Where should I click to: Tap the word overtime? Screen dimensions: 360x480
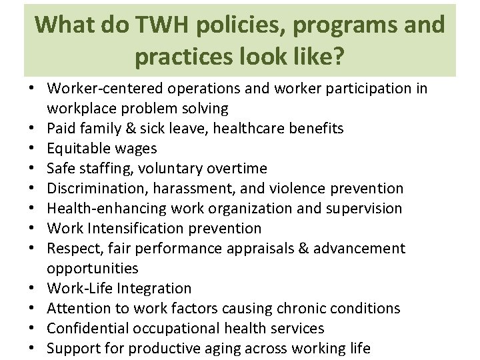pos(238,168)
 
